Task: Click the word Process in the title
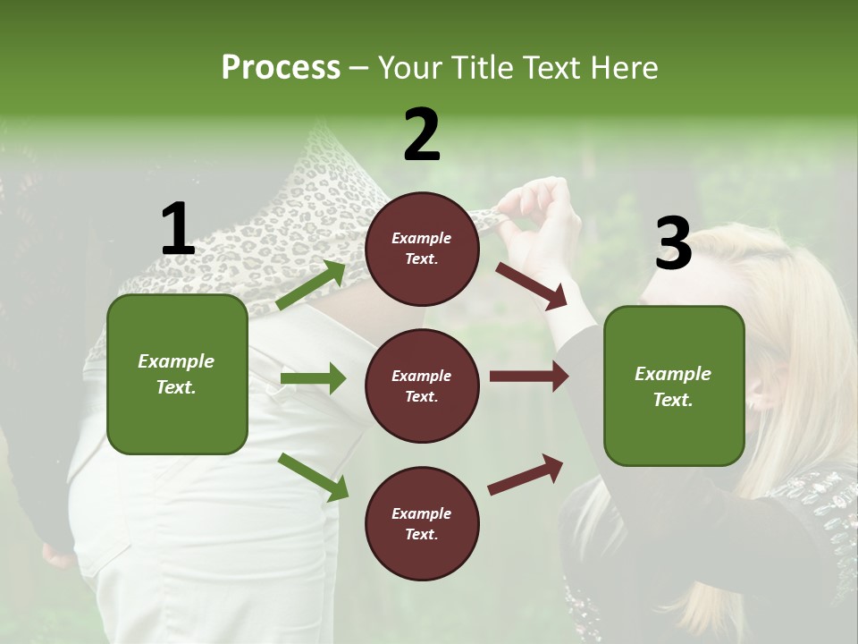coord(281,67)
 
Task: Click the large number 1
coord(178,229)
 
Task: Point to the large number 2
coord(422,135)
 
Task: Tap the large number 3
coord(673,243)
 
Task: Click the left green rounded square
coord(177,374)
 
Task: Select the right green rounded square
coord(674,386)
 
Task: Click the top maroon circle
coord(422,249)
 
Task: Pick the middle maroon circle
coord(422,386)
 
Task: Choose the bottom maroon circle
coord(422,523)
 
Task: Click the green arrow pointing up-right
coord(311,285)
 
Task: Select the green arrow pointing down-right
coord(314,476)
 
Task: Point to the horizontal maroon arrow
coord(528,377)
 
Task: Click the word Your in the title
coord(411,67)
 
